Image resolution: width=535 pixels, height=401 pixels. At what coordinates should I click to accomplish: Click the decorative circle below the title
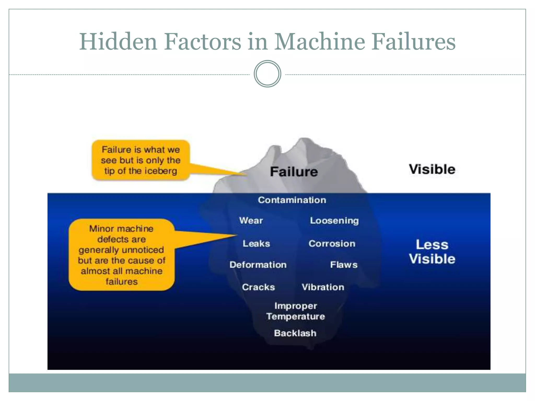pos(267,74)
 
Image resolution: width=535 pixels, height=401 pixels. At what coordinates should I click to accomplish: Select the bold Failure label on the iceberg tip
pos(294,172)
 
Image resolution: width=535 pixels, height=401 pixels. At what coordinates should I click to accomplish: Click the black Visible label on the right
pos(432,169)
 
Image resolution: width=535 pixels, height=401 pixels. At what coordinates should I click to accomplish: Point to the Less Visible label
pos(432,252)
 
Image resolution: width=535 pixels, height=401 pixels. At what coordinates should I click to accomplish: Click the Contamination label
pos(292,200)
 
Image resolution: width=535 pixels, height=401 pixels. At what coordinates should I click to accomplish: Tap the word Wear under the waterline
pos(251,221)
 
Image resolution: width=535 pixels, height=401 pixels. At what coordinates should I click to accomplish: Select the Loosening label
pos(334,221)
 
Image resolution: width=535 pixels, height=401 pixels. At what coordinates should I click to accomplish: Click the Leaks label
pos(256,244)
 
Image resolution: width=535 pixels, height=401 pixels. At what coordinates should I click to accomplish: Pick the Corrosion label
pos(332,244)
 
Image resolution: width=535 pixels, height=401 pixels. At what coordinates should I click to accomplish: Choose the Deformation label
pos(258,265)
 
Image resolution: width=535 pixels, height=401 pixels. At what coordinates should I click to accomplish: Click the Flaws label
pos(344,265)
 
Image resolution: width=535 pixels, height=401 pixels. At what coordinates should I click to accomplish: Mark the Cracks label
pos(258,287)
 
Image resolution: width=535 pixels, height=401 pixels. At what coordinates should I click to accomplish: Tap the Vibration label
pos(323,287)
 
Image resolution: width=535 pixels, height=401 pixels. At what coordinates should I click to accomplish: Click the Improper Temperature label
pos(296,311)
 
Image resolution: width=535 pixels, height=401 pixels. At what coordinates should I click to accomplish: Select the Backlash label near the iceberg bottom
pos(295,333)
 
